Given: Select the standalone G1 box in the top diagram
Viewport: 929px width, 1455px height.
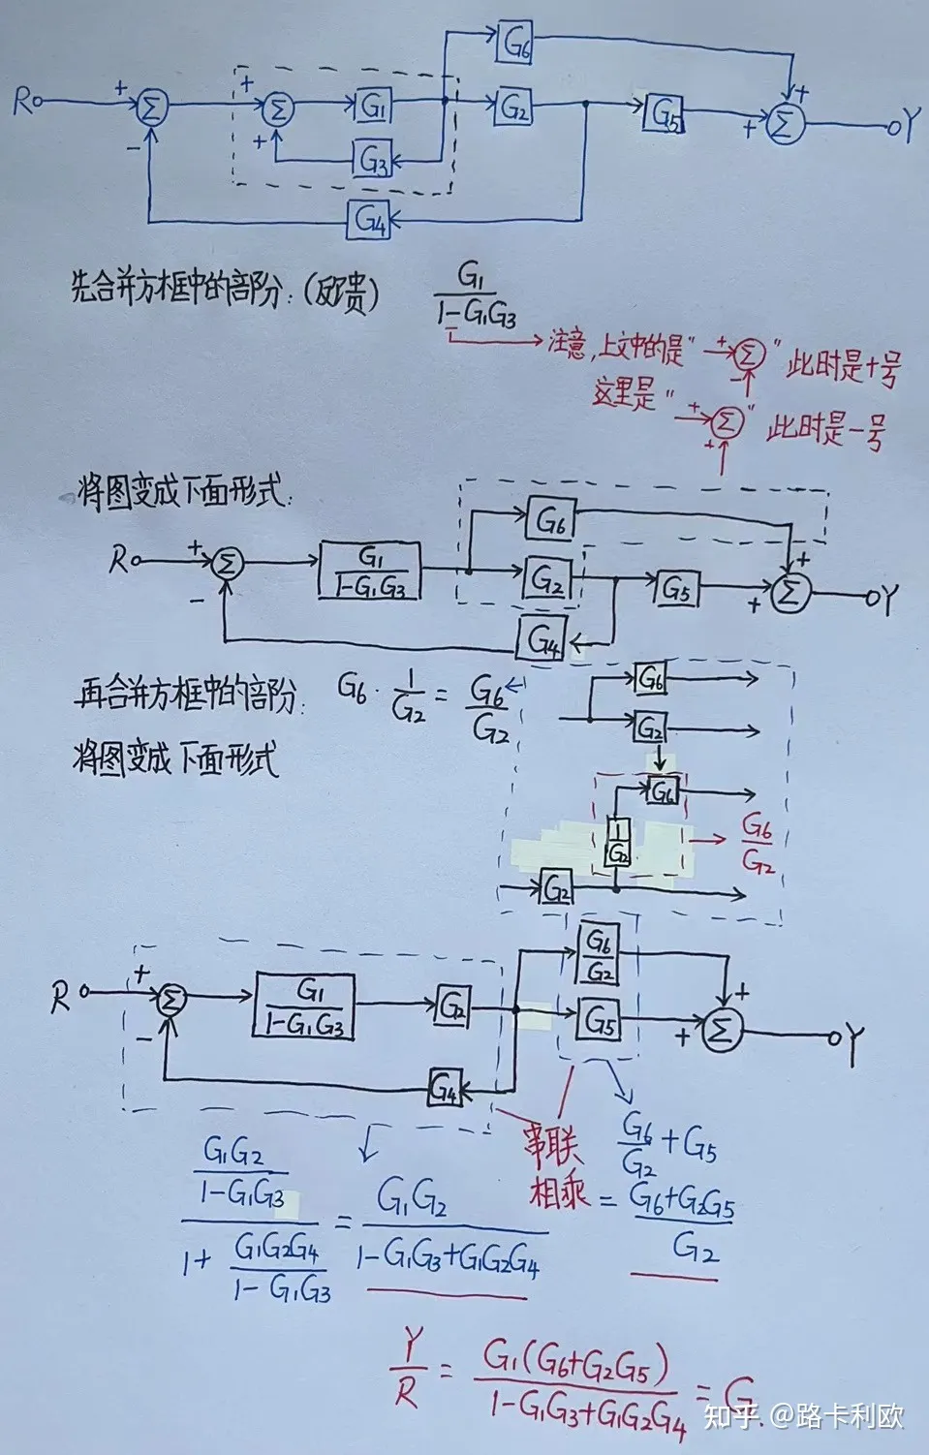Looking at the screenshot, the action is [372, 106].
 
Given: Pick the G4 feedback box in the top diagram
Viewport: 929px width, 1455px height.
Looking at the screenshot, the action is [370, 220].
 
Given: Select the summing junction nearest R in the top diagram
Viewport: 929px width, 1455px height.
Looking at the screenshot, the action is [150, 108].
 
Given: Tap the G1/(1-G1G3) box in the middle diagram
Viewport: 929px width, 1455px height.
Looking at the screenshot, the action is [370, 572].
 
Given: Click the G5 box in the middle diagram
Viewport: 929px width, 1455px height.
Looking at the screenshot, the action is [679, 588].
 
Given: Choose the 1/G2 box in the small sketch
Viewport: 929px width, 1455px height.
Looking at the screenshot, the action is [618, 842].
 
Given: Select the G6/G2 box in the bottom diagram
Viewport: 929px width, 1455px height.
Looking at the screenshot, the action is [599, 954].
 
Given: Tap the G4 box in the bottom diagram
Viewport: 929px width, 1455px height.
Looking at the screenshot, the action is [445, 1090].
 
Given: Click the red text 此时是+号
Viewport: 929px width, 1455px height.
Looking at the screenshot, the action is [843, 368].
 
